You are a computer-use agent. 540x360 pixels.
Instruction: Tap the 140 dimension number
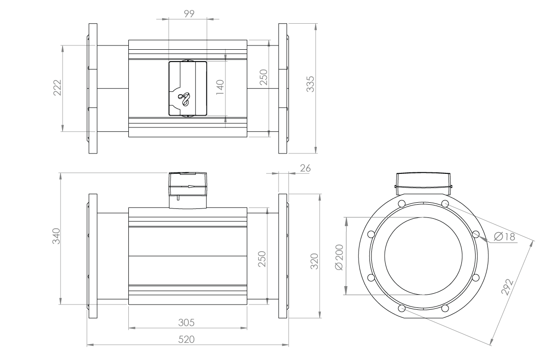pos(219,88)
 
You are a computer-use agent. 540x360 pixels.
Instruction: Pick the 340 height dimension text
pos(55,237)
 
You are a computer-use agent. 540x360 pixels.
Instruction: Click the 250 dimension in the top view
pos(264,77)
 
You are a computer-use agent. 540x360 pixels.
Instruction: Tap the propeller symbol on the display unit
pos(183,99)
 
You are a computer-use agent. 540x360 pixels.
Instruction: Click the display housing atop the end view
pos(423,182)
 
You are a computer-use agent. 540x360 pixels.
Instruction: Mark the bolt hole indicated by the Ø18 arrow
pos(476,234)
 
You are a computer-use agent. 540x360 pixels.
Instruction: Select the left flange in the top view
pos(92,89)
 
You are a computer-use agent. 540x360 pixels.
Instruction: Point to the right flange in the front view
pos(283,256)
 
